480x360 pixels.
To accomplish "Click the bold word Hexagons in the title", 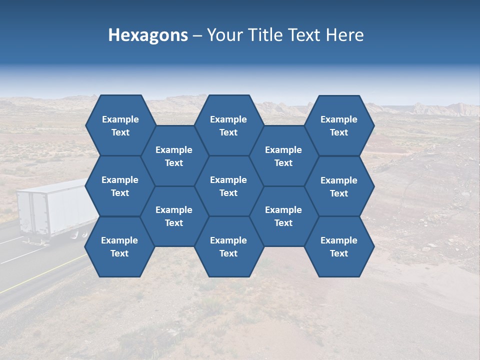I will [x=148, y=35].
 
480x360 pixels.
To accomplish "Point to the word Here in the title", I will [x=344, y=35].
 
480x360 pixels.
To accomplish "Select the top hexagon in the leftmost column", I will [x=120, y=125].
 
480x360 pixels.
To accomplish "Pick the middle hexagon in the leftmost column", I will [x=120, y=186].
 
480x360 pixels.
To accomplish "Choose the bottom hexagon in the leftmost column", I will [x=119, y=246].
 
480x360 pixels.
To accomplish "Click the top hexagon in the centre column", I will [x=228, y=125].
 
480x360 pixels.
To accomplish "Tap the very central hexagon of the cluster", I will [x=228, y=186].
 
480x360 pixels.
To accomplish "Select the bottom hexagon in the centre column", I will [x=228, y=246].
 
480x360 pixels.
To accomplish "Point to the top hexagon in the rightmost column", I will [x=339, y=125].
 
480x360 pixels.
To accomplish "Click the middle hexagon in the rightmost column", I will [x=339, y=186].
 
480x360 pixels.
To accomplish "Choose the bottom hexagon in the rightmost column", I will [x=339, y=246].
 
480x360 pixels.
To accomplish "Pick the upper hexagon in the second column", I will [x=174, y=156].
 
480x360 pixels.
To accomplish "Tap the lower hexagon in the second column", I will [x=174, y=216].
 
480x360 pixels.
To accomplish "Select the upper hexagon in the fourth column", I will [x=283, y=156].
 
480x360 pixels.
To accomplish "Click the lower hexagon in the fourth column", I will [x=283, y=216].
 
